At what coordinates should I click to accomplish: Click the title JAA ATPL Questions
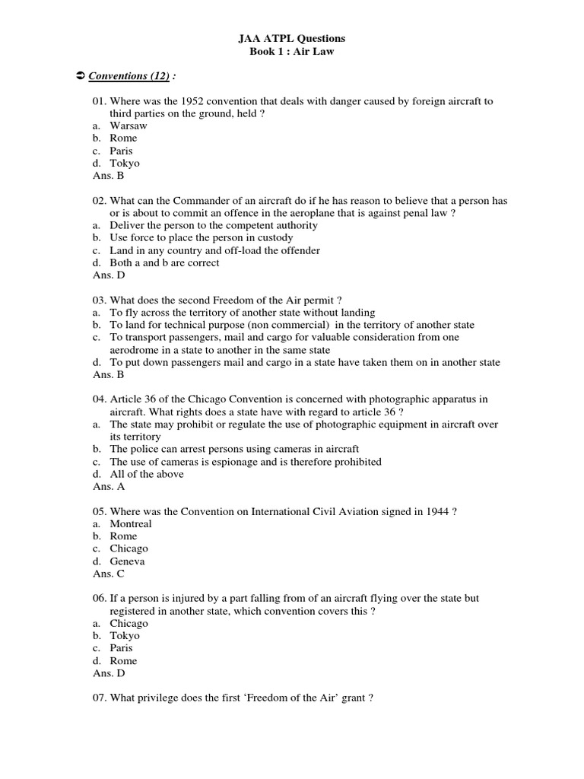point(292,38)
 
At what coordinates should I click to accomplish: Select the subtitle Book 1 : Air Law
point(292,51)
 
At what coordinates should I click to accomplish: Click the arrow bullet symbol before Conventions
point(79,76)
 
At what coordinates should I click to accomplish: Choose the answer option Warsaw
point(129,126)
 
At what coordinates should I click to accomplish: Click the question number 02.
point(100,201)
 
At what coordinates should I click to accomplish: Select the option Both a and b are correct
point(164,262)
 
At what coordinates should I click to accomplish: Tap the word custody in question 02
point(275,238)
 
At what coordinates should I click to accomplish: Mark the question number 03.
point(100,300)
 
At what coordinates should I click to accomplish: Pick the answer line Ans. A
point(109,486)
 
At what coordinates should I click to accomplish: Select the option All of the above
point(147,474)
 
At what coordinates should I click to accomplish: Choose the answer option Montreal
point(131,523)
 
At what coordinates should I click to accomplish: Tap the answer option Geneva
point(127,561)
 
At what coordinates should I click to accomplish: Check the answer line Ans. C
point(109,574)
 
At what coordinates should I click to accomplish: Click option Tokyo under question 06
point(125,635)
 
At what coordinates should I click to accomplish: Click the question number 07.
point(100,698)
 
